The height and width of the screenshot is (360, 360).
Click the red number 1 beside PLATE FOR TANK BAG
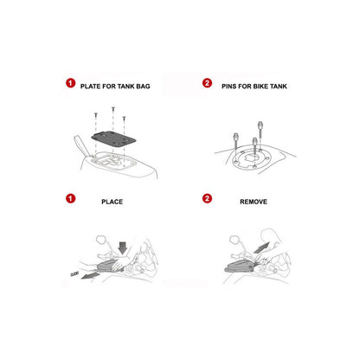[71, 83]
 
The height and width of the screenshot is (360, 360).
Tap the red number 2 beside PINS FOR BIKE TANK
[207, 83]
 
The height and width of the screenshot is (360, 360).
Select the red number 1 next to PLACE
[71, 198]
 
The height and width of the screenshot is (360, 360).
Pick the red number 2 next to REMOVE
[207, 198]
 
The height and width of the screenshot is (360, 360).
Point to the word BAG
[143, 87]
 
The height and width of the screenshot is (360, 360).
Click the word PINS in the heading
[229, 87]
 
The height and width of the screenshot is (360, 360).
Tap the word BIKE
[260, 87]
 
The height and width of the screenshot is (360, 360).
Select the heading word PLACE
[112, 202]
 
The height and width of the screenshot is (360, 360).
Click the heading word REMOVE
[254, 202]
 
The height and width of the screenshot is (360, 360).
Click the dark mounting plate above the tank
[113, 139]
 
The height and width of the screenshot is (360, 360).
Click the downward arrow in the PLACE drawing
[123, 248]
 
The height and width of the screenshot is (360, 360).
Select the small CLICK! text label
[74, 273]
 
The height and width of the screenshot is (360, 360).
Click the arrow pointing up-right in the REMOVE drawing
[261, 247]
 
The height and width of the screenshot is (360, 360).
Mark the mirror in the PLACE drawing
[100, 240]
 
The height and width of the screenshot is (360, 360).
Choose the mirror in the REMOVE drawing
[235, 240]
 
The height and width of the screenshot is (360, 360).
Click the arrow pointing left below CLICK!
[90, 275]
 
